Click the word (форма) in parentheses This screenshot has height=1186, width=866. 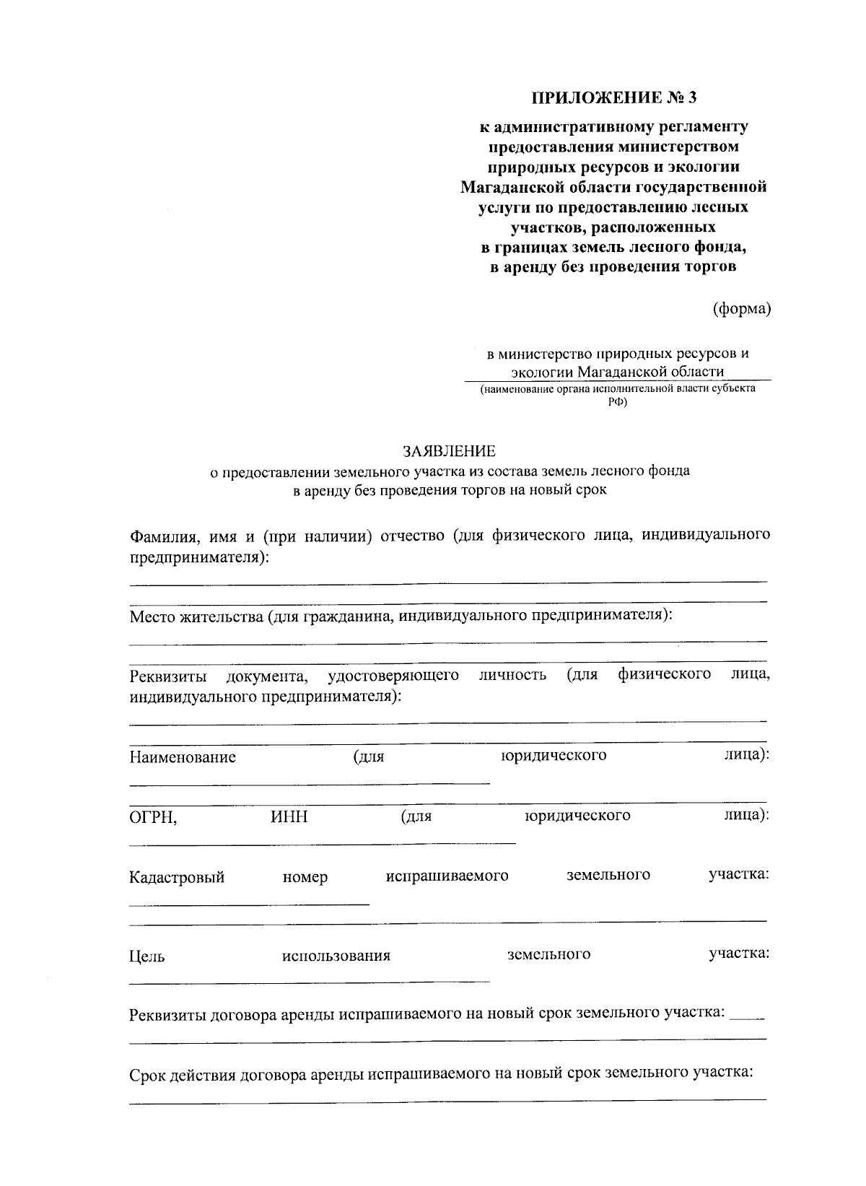742,309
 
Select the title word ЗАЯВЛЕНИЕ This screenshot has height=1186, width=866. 449,451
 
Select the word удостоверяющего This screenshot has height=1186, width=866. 393,675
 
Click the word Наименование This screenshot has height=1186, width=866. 183,757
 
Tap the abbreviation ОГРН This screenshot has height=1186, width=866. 152,817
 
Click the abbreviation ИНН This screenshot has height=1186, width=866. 289,816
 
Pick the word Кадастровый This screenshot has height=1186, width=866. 177,877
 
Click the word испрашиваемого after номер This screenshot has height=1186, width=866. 447,876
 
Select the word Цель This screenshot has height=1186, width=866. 146,956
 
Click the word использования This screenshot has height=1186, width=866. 336,956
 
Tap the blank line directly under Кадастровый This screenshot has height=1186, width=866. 249,904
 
